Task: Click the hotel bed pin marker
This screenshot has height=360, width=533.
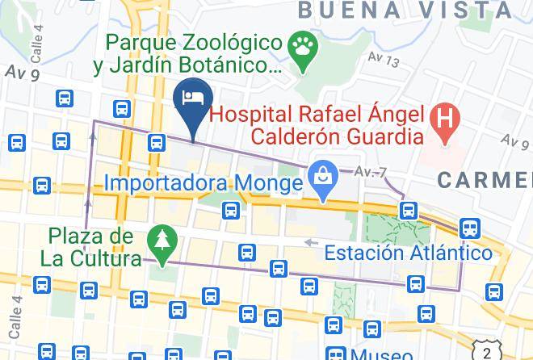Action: pos(193,100)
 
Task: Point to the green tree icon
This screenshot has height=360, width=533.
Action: pos(161,240)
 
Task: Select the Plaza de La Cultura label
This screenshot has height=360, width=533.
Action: pos(90,248)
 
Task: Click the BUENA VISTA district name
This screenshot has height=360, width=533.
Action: pos(405,10)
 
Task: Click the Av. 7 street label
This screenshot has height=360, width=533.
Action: pos(371,171)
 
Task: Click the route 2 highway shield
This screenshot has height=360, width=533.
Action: pos(486,353)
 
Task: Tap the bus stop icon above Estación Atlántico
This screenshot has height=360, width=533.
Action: pos(409,211)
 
